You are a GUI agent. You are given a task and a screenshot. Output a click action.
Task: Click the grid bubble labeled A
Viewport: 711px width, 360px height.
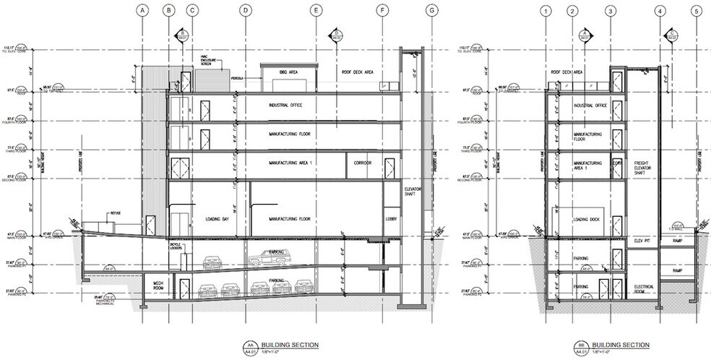tap(143, 10)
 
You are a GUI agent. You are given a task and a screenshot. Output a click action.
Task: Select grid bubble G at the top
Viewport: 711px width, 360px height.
tap(433, 10)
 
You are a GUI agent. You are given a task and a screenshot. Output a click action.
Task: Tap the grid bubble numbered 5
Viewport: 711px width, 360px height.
tap(696, 10)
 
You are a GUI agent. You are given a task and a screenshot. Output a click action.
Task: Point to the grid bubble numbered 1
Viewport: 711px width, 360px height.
tap(546, 10)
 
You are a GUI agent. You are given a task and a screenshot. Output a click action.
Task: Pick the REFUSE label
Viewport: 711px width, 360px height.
tap(115, 213)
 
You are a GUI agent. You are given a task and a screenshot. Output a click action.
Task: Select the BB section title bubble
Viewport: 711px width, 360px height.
tap(582, 346)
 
